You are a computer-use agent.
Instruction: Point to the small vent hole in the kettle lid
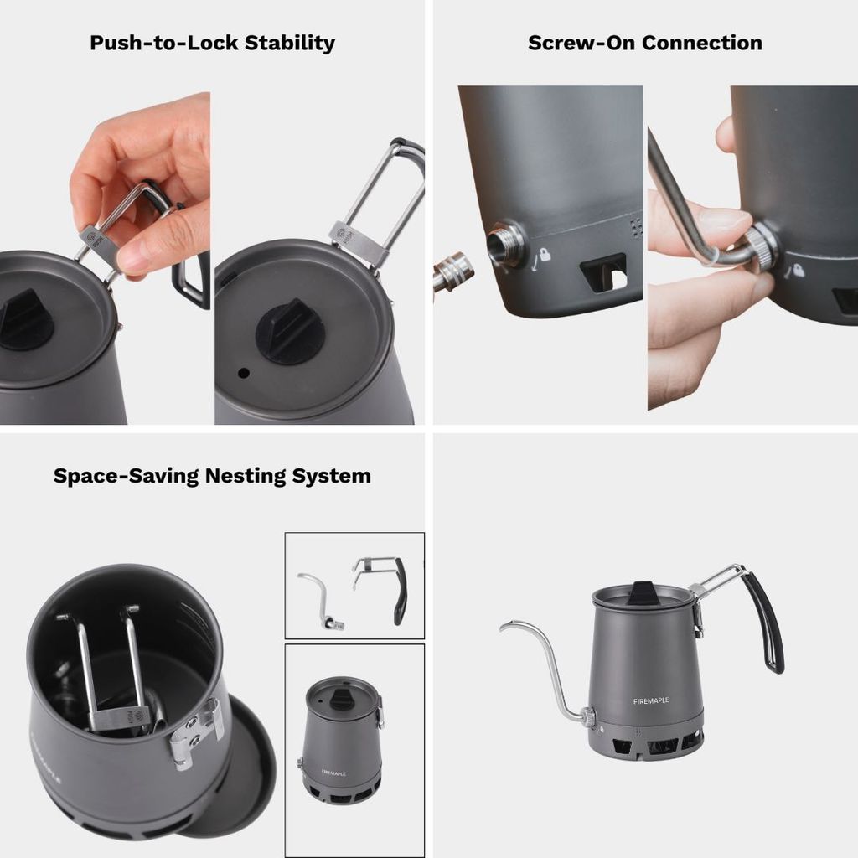(242, 371)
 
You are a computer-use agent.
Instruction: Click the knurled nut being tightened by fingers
(764, 248)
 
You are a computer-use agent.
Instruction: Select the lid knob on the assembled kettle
(642, 593)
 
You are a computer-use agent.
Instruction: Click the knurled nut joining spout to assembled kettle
(588, 716)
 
